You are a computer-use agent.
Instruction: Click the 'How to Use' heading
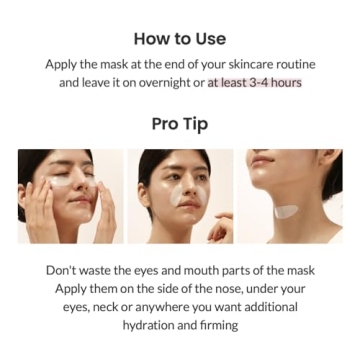(x=180, y=39)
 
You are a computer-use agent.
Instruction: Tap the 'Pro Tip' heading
(x=180, y=124)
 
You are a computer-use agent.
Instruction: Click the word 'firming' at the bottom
(x=219, y=325)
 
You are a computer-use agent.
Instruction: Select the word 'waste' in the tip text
(x=107, y=271)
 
